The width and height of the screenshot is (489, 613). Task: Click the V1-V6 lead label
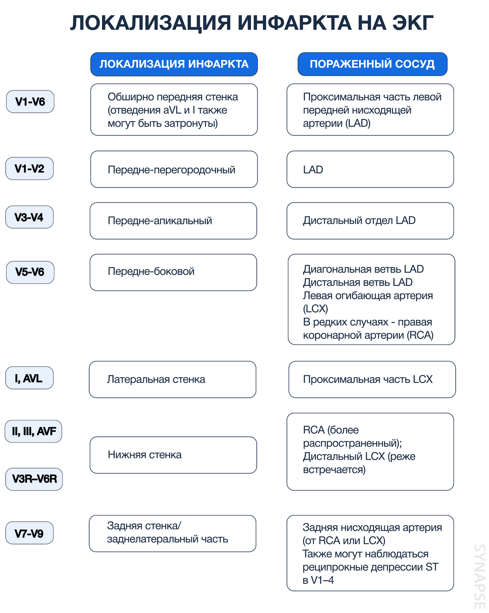tap(30, 102)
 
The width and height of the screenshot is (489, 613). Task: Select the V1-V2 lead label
tap(29, 169)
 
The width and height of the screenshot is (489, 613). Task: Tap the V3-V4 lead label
tap(29, 217)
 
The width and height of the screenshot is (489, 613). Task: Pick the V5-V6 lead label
tap(30, 272)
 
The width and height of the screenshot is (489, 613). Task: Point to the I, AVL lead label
tap(29, 378)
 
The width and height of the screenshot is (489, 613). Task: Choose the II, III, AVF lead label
tap(33, 431)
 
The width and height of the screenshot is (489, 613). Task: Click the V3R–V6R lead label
tap(34, 479)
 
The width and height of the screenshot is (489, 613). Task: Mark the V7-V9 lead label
tap(29, 533)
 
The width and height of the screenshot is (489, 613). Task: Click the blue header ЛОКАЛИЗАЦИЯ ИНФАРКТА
tap(174, 64)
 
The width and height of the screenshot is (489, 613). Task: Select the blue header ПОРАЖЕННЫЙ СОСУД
tap(372, 64)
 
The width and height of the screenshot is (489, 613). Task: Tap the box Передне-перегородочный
tap(174, 169)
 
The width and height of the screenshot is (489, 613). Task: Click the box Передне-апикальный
tap(173, 221)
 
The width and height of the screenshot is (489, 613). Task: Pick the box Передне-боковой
tap(173, 272)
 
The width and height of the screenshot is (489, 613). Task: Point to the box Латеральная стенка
tap(172, 379)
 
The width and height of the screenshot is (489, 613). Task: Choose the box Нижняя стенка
tap(173, 455)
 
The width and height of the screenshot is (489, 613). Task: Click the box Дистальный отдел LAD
tap(370, 221)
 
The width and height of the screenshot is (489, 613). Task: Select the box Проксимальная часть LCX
tap(372, 379)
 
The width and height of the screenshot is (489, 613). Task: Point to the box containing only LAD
tap(370, 169)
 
